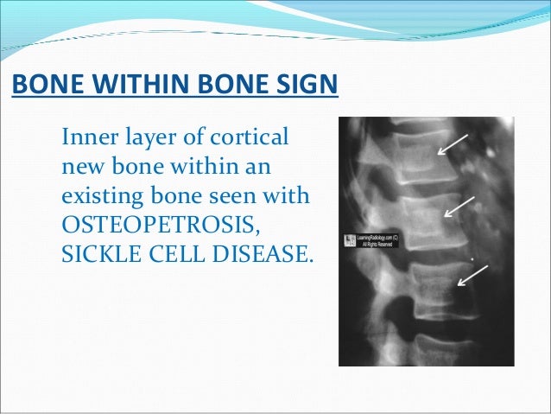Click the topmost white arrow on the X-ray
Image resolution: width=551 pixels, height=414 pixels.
coord(453,144)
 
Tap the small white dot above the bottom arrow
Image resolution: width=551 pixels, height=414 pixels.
coord(472,258)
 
